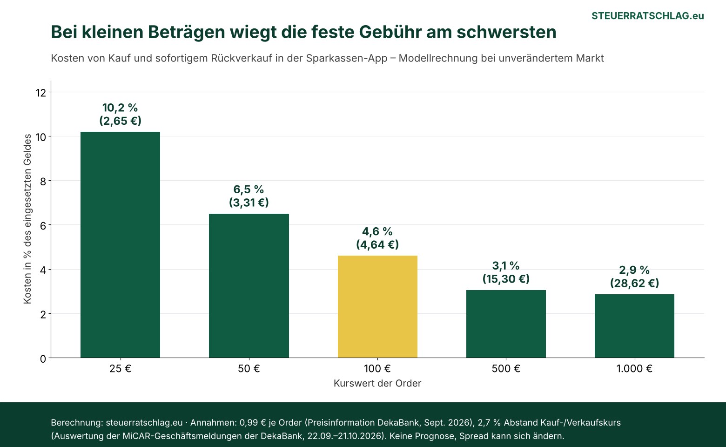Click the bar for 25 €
[x=120, y=244]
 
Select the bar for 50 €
[x=249, y=286]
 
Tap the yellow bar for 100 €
[x=377, y=306]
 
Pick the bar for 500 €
[x=506, y=324]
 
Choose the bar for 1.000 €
[x=635, y=326]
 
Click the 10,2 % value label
[x=120, y=108]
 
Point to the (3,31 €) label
[x=249, y=203]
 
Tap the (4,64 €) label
[x=377, y=244]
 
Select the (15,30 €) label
[x=506, y=278]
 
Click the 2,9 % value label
[x=635, y=270]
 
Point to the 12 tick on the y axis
[x=41, y=93]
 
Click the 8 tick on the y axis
[x=43, y=181]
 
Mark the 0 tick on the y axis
[x=43, y=359]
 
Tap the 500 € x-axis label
[x=506, y=368]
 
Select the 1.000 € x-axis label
[x=635, y=368]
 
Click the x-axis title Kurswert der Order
[x=377, y=383]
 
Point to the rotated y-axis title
[x=27, y=219]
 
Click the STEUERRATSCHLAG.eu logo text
[x=648, y=16]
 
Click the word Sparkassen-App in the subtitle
[x=347, y=58]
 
